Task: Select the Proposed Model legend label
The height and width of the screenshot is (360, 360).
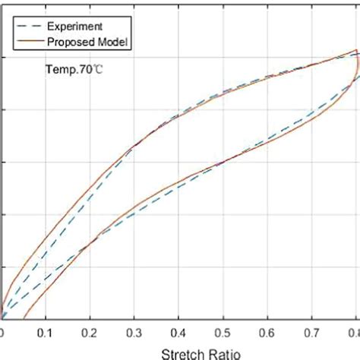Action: [90, 43]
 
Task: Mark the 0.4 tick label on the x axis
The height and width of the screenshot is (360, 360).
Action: [178, 332]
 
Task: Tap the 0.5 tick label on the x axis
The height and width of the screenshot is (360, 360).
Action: [223, 332]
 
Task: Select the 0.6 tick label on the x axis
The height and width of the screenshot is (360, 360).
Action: [267, 332]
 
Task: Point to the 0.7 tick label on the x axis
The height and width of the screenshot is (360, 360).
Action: [311, 332]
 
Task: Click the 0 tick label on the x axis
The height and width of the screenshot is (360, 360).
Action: [2, 332]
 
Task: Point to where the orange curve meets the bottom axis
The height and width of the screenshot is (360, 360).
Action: [24, 319]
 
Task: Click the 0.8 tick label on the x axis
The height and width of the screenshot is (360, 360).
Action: [354, 332]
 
